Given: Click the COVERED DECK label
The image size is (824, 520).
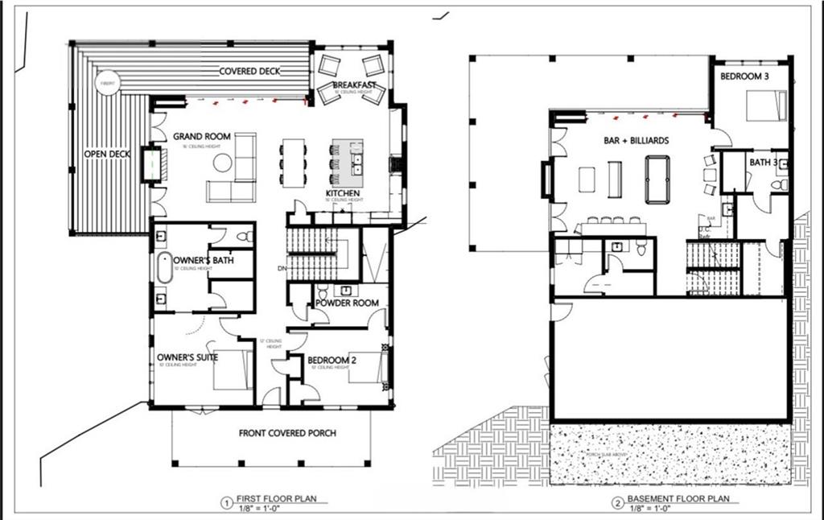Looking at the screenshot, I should tap(249, 71).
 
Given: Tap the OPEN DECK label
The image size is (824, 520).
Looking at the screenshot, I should tap(107, 154).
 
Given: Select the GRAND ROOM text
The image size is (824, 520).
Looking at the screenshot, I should tap(202, 137).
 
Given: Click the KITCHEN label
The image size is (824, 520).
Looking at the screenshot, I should tap(344, 193).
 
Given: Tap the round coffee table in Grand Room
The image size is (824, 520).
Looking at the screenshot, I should tap(222, 162).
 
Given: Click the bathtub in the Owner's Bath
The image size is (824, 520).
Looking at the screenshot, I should tap(163, 267).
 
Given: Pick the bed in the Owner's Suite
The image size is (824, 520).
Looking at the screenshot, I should tap(233, 369).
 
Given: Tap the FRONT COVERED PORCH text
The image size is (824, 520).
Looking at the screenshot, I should tap(287, 433).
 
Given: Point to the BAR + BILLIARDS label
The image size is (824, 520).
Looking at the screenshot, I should tap(636, 140).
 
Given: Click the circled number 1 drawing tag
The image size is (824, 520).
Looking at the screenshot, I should tap(228, 504).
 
